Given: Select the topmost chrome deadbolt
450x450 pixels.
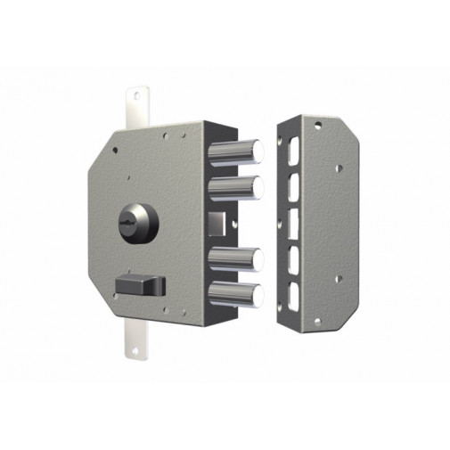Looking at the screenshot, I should [237, 152].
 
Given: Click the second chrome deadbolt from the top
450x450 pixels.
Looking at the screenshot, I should [237, 188].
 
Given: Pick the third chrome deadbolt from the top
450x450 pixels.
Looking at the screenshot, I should [237, 259].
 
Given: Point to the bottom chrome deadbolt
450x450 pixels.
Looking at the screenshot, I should [237, 295].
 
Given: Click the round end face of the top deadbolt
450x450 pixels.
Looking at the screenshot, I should [259, 151].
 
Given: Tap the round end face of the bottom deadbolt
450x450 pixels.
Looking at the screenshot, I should [259, 295].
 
